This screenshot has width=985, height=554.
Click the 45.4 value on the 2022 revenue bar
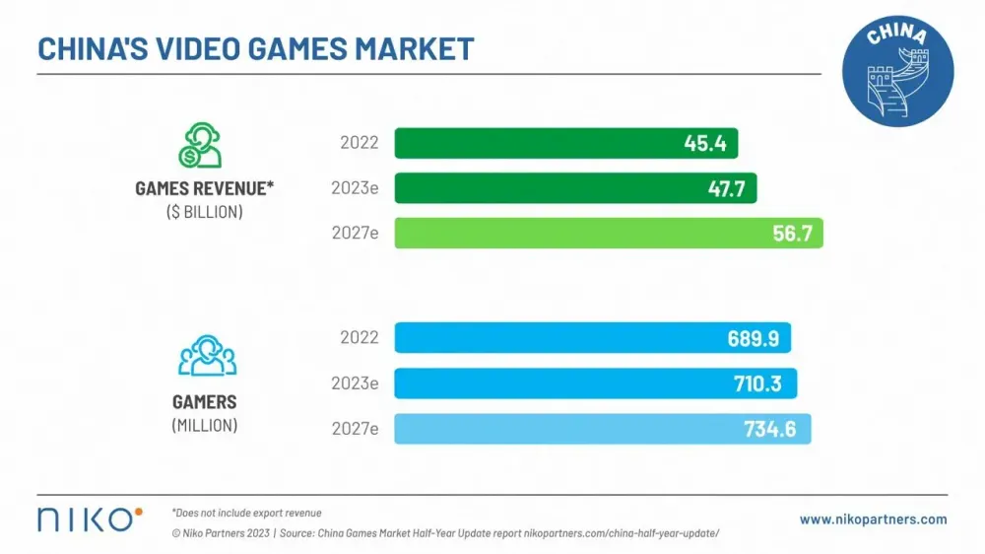point(705,144)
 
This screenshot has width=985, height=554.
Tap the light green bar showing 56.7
point(608,233)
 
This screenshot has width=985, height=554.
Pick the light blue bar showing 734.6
point(602,429)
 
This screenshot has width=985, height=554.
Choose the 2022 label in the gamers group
point(360,338)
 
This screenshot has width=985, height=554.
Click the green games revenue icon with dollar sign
point(200,146)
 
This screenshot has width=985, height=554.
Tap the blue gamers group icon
point(206,356)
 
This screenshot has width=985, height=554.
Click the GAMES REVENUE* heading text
point(204,189)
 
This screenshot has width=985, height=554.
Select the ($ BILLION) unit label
point(204,212)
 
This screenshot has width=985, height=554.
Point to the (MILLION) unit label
point(204,426)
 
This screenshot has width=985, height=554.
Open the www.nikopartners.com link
point(873,519)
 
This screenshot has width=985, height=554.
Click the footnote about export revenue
point(246,513)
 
